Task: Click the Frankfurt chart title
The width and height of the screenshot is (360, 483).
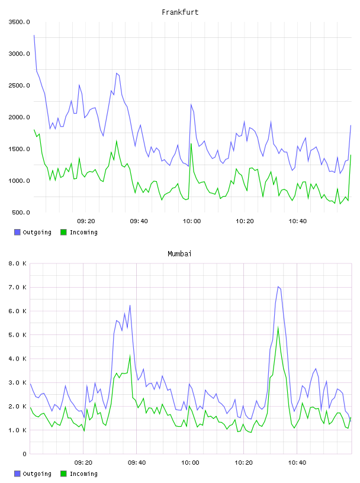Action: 180,12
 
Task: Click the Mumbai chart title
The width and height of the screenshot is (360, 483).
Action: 179,254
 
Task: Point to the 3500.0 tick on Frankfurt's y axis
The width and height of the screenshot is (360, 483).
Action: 19,22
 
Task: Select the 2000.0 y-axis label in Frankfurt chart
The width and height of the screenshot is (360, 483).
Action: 19,117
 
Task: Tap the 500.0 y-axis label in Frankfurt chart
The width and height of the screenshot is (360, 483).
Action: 21,212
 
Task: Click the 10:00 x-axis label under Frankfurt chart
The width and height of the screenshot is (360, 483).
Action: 192,221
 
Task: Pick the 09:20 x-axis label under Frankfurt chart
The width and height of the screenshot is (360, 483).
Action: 86,221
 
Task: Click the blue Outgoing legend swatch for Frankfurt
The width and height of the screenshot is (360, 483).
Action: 17,232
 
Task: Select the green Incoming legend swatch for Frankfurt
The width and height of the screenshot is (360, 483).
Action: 63,232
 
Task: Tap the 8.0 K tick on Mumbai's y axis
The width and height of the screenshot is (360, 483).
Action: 18,263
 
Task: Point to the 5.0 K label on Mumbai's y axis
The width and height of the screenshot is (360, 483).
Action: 18,335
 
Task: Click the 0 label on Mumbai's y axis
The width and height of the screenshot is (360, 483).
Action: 25,454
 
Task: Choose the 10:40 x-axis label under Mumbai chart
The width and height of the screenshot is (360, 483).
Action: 297,463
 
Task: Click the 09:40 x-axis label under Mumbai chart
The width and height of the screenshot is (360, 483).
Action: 137,463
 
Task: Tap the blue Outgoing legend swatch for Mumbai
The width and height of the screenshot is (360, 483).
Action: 17,474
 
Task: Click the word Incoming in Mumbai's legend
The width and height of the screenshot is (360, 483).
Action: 84,474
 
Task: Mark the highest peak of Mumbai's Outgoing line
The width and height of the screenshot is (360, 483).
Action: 278,286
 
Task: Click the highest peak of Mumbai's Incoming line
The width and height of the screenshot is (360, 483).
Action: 278,327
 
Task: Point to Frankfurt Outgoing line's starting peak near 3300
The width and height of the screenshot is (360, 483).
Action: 34,35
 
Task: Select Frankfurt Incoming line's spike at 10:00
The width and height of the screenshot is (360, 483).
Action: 191,144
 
